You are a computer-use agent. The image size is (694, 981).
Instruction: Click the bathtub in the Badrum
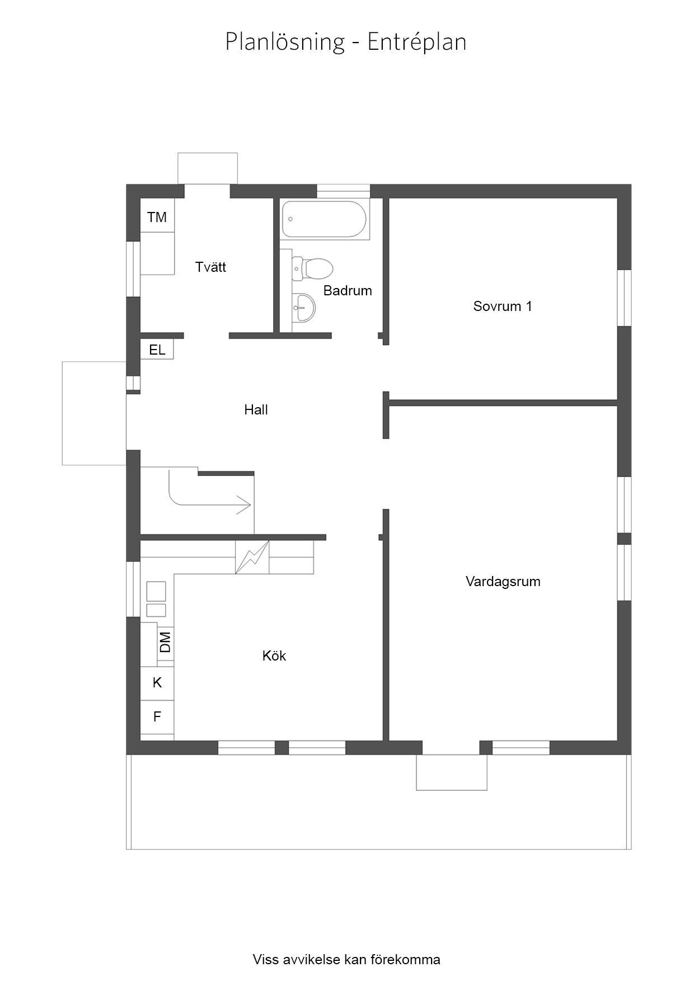pyautogui.click(x=325, y=220)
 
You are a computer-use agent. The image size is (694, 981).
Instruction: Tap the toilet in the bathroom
pyautogui.click(x=313, y=268)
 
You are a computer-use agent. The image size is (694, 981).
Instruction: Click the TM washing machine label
pyautogui.click(x=157, y=217)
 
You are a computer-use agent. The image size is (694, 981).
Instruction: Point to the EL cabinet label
pyautogui.click(x=157, y=350)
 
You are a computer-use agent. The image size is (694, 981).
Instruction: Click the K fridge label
pyautogui.click(x=157, y=682)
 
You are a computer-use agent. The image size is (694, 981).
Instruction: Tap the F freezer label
pyautogui.click(x=157, y=716)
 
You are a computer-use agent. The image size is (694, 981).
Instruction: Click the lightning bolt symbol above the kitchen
pyautogui.click(x=252, y=557)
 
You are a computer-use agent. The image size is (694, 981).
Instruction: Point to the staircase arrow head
pyautogui.click(x=245, y=505)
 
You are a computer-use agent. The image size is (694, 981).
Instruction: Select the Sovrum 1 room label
pyautogui.click(x=503, y=306)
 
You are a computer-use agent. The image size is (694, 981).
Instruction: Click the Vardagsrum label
pyautogui.click(x=503, y=582)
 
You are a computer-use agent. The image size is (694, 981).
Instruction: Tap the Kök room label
pyautogui.click(x=274, y=655)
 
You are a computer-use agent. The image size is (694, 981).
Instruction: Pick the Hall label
pyautogui.click(x=256, y=410)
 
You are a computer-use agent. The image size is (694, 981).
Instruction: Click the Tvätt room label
pyautogui.click(x=210, y=267)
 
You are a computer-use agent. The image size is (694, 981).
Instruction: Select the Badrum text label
pyautogui.click(x=348, y=291)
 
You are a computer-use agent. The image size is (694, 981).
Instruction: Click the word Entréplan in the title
pyautogui.click(x=417, y=43)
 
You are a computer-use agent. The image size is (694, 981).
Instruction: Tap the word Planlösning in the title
pyautogui.click(x=285, y=43)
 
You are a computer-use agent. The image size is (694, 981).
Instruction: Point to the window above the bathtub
pyautogui.click(x=343, y=191)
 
